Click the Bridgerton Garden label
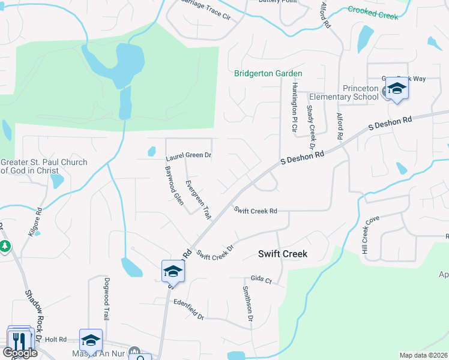coord(268,73)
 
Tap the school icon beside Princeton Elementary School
coord(396,89)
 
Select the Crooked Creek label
coord(373,13)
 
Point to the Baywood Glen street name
coord(174,185)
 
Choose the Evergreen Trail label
coord(198,199)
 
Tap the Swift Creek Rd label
coord(256,211)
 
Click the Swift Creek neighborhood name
coord(283,254)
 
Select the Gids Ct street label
coord(261,280)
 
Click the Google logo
coord(20,353)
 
